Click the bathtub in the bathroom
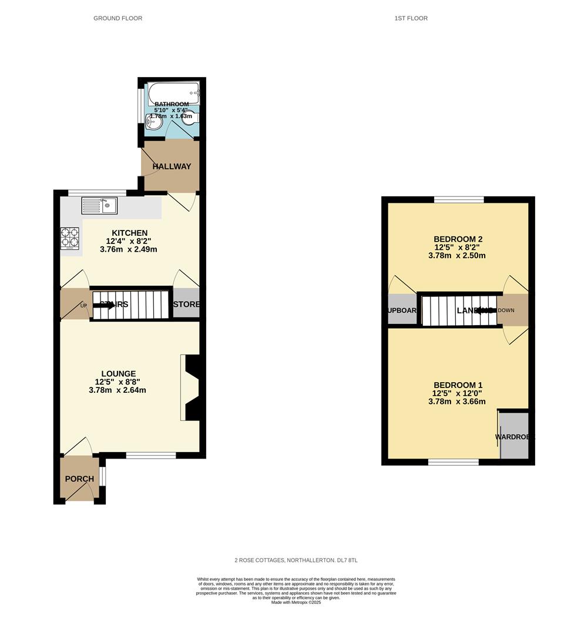pyautogui.click(x=173, y=92)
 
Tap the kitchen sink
pyautogui.click(x=100, y=205)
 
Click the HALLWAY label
pyautogui.click(x=172, y=166)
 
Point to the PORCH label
pyautogui.click(x=79, y=479)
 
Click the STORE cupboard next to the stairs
pyautogui.click(x=186, y=304)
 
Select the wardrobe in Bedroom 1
pyautogui.click(x=514, y=436)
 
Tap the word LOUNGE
pyautogui.click(x=118, y=373)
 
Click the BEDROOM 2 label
pyautogui.click(x=458, y=239)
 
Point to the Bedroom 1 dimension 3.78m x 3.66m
pyautogui.click(x=458, y=402)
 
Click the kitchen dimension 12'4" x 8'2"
pyautogui.click(x=127, y=241)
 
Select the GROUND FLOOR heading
pyautogui.click(x=117, y=18)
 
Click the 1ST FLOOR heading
pyautogui.click(x=411, y=18)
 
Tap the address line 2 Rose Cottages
pyautogui.click(x=294, y=560)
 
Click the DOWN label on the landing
pyautogui.click(x=506, y=310)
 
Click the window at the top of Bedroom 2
pyautogui.click(x=459, y=199)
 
